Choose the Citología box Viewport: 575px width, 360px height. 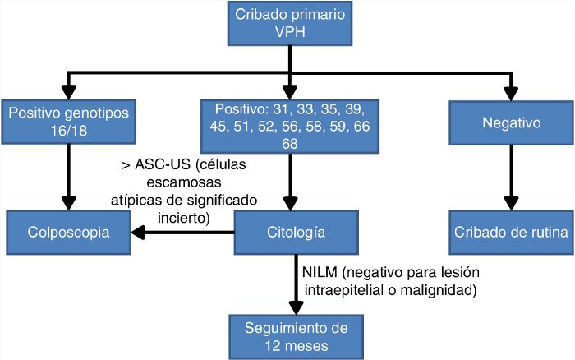287,233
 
